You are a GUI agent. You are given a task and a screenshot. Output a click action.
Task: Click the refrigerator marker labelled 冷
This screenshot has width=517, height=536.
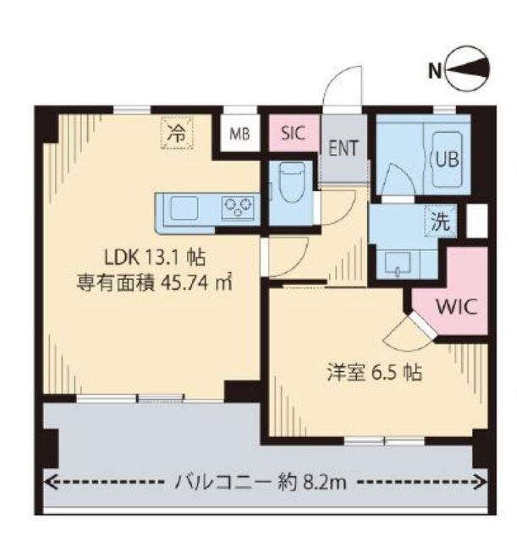(176, 133)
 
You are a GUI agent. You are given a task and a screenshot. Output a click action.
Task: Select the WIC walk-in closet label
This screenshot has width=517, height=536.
(457, 305)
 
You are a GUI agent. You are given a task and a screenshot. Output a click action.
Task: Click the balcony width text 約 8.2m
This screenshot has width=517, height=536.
(312, 484)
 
